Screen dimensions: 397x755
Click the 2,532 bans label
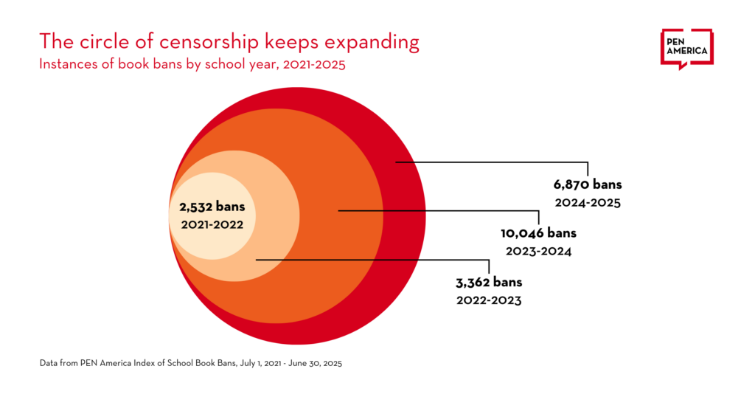click(x=212, y=207)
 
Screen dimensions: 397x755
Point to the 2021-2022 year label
click(x=212, y=224)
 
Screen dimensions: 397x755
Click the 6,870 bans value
click(x=588, y=184)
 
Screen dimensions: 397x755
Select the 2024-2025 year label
click(x=588, y=202)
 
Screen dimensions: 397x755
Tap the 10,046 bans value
click(x=538, y=233)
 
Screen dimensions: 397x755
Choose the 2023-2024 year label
click(x=538, y=251)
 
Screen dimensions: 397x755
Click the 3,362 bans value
click(x=489, y=282)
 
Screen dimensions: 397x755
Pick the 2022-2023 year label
click(x=489, y=300)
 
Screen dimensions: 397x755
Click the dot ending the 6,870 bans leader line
click(x=396, y=162)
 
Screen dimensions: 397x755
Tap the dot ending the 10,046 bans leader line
click(x=338, y=211)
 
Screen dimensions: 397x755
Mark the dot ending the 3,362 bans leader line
click(x=256, y=260)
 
